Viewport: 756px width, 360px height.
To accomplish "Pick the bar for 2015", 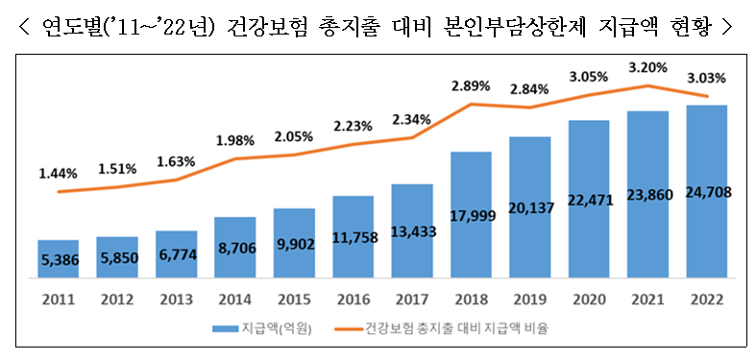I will point(294,243).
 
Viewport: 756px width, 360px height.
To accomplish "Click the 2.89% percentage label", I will point(471,85).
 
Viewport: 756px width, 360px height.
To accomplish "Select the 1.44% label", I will point(59,174).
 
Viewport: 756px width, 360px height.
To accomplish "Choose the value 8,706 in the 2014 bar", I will point(235,247).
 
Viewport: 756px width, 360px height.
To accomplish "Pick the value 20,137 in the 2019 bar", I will point(530,210).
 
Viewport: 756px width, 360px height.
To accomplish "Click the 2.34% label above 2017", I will point(412,120).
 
